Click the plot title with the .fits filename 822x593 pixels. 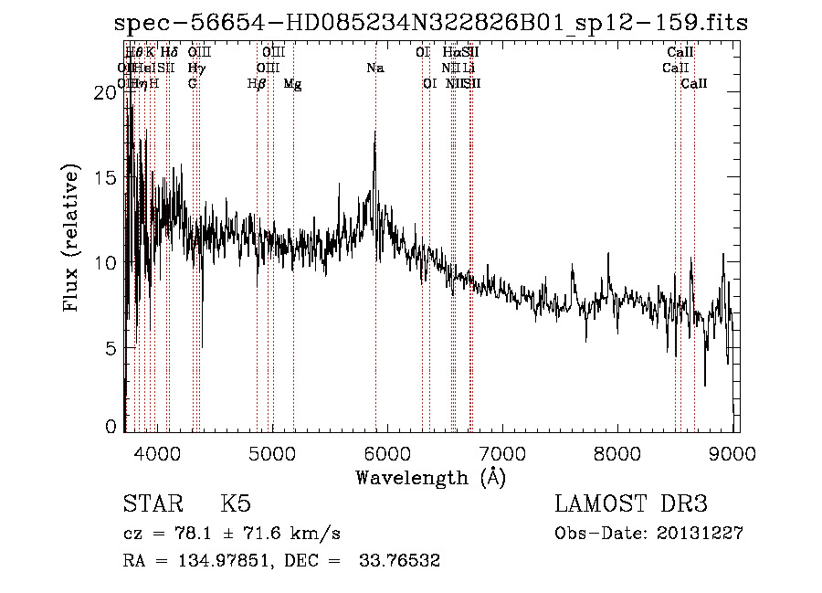coord(430,23)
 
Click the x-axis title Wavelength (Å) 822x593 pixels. coord(430,477)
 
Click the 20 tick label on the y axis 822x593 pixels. coord(107,92)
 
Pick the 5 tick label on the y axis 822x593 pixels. coord(111,348)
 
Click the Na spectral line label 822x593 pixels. coord(375,69)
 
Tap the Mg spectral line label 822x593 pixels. coord(292,84)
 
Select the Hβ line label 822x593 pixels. coord(257,84)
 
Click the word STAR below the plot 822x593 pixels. coord(152,504)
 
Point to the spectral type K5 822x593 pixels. coord(236,504)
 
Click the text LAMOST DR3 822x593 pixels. coord(630,504)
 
